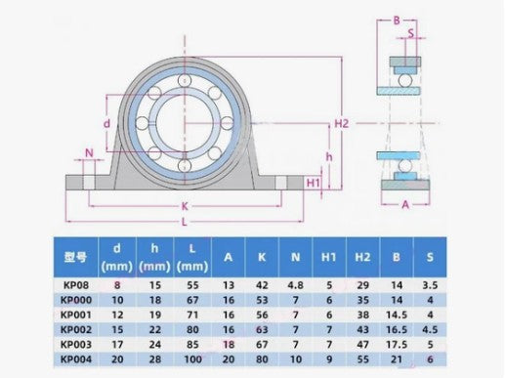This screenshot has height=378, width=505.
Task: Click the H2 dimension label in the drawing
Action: tap(342, 123)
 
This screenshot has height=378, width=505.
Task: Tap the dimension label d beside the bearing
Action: tap(106, 124)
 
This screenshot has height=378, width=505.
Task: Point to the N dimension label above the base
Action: tap(89, 152)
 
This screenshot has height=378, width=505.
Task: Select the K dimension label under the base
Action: tap(185, 206)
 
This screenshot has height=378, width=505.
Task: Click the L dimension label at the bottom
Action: tap(185, 222)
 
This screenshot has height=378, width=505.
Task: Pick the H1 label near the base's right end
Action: tap(314, 183)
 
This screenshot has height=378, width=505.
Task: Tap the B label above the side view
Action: tap(397, 21)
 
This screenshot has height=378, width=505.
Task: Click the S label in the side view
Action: tap(411, 33)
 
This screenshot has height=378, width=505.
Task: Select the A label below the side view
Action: tap(405, 204)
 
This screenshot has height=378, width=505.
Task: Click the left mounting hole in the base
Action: tap(89, 183)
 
